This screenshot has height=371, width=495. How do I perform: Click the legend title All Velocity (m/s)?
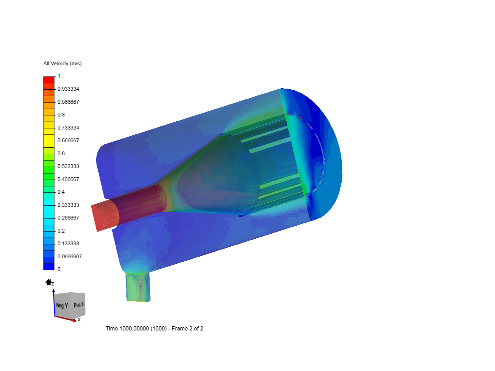[x=63, y=64]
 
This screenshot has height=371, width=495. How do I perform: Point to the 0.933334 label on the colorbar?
[x=68, y=89]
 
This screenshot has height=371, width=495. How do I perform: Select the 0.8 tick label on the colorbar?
[x=61, y=115]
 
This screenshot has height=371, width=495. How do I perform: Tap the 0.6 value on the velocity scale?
[x=61, y=154]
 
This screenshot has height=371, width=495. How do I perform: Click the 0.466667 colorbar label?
[x=68, y=179]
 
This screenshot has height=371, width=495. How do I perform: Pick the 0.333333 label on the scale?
[x=68, y=205]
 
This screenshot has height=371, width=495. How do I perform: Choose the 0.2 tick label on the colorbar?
[x=61, y=231]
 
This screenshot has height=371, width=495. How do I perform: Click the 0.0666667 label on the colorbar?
[x=69, y=257]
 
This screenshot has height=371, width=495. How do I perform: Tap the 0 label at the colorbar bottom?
[x=59, y=269]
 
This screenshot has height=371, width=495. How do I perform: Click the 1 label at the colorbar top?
[x=59, y=76]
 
